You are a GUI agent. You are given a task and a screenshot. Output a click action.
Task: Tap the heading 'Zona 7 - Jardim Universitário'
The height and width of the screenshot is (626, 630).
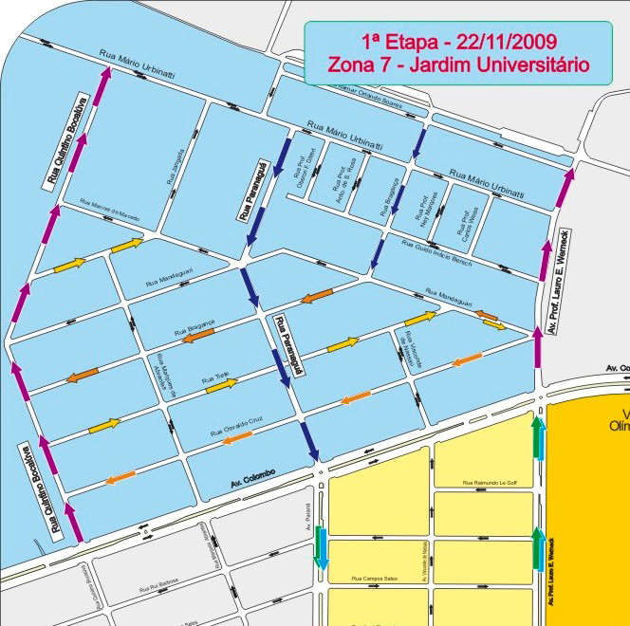[458, 64]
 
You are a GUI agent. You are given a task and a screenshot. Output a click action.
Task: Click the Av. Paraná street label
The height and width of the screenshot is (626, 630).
[308, 516]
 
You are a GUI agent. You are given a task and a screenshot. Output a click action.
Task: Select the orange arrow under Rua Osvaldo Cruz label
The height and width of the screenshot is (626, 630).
[237, 436]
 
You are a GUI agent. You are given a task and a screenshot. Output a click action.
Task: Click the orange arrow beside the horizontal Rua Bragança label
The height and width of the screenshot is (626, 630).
[198, 334]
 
